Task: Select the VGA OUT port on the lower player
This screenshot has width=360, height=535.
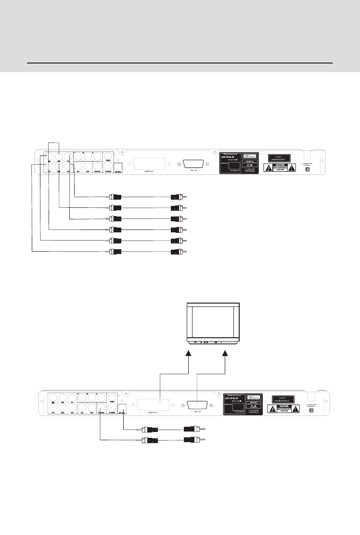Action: pyautogui.click(x=197, y=406)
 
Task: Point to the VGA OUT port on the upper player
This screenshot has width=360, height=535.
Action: pyautogui.click(x=193, y=165)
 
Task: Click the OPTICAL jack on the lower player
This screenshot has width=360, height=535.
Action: pyautogui.click(x=122, y=408)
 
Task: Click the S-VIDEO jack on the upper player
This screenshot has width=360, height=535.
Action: pyautogui.click(x=109, y=165)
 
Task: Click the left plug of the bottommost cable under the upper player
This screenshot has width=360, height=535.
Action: pyautogui.click(x=116, y=252)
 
